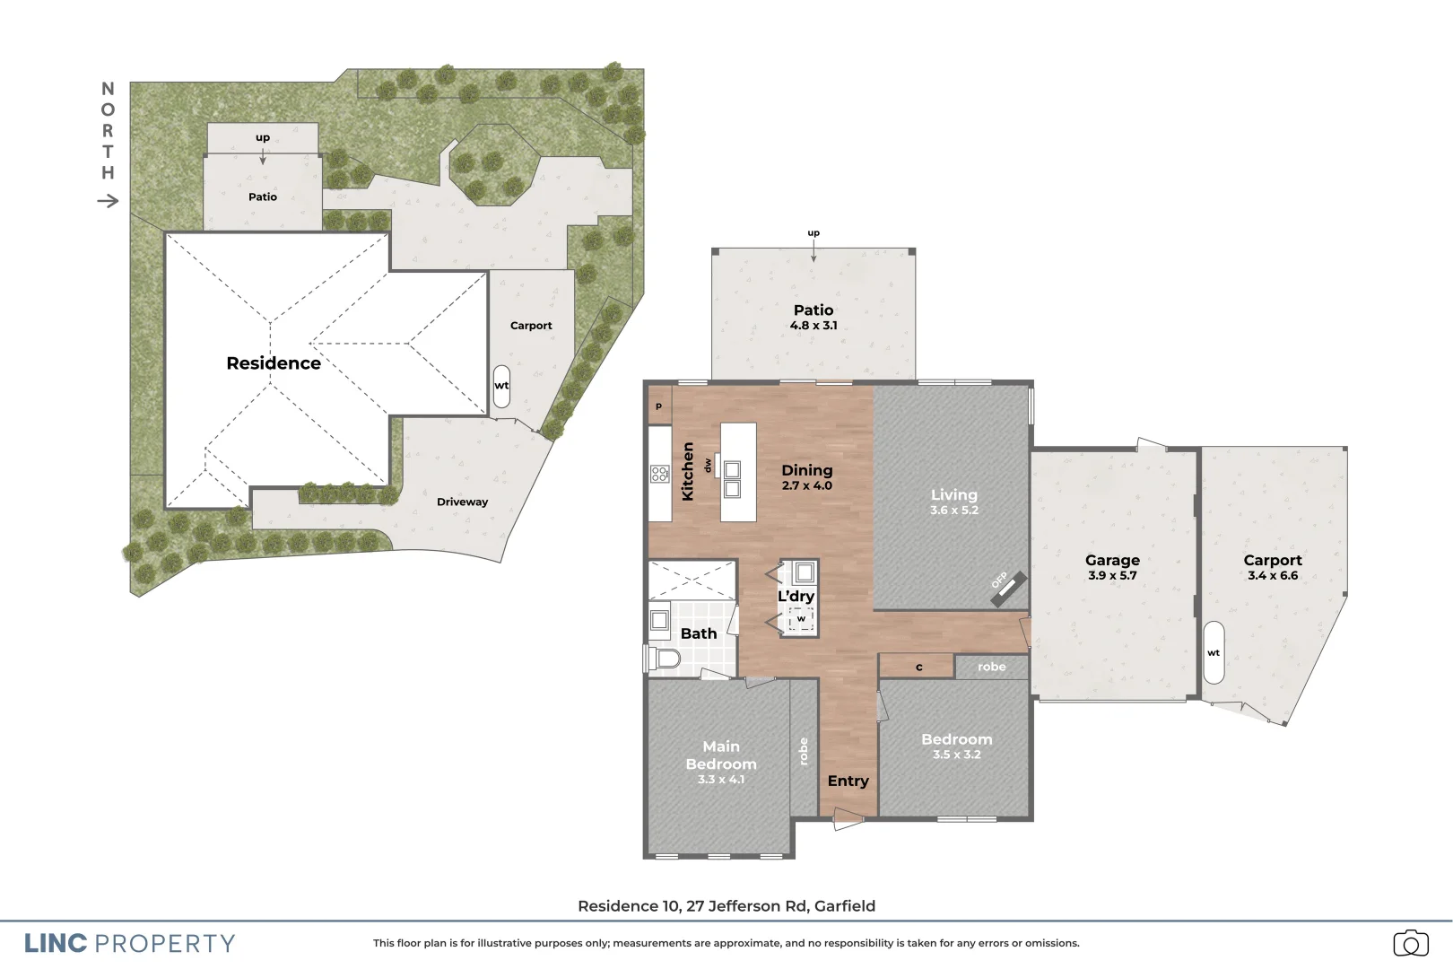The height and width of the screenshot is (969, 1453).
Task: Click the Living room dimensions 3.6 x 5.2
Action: (x=953, y=511)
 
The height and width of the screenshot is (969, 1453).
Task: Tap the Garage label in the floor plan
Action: (x=1112, y=560)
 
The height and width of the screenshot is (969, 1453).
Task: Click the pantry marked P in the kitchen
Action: (x=659, y=406)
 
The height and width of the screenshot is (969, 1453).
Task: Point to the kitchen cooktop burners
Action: (x=660, y=474)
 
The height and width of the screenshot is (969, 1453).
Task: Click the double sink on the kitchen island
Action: (x=733, y=479)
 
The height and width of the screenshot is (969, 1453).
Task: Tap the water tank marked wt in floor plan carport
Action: (x=1213, y=652)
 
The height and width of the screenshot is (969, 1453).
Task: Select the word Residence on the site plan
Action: (x=274, y=363)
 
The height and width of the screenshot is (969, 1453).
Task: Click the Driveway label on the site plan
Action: (x=462, y=502)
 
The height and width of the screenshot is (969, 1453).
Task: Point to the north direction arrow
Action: (x=108, y=200)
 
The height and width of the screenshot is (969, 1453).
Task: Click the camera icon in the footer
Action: (x=1410, y=943)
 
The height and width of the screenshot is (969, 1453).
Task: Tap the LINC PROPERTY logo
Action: (x=130, y=944)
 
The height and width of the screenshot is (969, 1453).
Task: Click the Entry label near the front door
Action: (x=848, y=781)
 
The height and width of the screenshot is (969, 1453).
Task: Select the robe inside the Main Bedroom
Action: (x=804, y=751)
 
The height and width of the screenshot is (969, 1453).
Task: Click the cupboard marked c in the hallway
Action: (x=918, y=667)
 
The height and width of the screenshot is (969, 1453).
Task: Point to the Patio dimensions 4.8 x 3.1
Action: (x=814, y=326)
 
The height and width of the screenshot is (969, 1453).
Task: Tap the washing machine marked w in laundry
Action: (x=801, y=618)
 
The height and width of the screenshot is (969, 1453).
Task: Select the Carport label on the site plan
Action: (x=531, y=326)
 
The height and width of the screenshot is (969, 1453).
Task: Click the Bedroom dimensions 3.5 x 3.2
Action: (x=956, y=755)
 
